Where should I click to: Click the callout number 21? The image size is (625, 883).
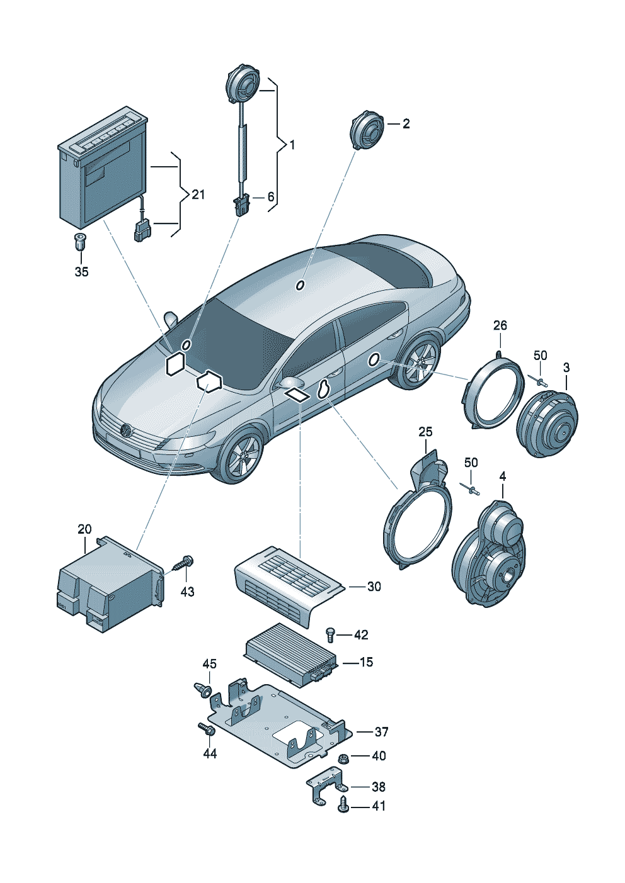[198, 194]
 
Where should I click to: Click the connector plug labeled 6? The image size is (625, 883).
[241, 205]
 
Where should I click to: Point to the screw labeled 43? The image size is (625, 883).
[185, 562]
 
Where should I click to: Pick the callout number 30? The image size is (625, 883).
[374, 587]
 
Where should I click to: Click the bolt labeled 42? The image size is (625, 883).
[329, 634]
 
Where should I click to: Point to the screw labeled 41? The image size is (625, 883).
[343, 805]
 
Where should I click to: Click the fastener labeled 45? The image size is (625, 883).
[202, 690]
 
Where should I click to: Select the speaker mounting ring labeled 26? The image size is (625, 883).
[493, 392]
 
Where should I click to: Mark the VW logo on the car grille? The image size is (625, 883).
[126, 431]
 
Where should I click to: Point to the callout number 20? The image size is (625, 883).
[84, 529]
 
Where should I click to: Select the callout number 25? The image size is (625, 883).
[425, 432]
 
